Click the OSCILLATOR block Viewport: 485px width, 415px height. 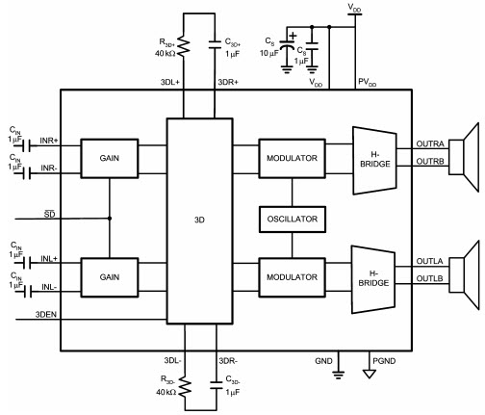click(293, 220)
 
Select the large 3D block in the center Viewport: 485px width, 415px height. click(199, 220)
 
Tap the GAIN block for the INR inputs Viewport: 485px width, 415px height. click(110, 158)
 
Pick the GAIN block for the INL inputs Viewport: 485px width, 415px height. click(110, 277)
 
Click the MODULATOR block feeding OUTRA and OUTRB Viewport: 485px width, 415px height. click(292, 158)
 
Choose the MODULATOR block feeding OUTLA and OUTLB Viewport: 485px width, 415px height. click(292, 277)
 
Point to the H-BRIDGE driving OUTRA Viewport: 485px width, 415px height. click(374, 161)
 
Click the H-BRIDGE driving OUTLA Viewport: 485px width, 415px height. click(373, 279)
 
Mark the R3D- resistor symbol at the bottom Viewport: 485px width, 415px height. click(185, 386)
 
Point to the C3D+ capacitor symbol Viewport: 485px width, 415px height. click(215, 44)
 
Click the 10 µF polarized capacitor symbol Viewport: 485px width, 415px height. click(287, 45)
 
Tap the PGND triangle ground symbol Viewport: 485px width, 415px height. click(370, 374)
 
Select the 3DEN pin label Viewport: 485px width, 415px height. click(46, 315)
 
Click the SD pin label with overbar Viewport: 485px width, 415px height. click(50, 214)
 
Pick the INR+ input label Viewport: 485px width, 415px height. click(49, 141)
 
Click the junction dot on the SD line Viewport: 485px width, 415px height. click(110, 219)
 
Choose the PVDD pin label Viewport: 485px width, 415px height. click(367, 83)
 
